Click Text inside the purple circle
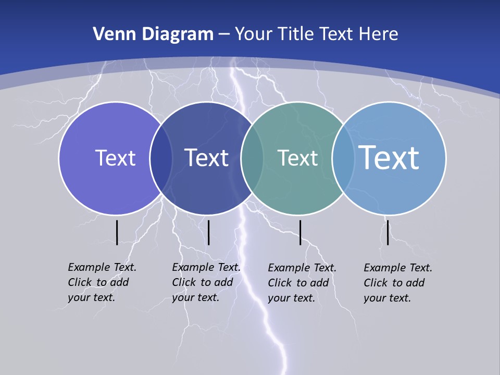115,158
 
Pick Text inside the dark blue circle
206,158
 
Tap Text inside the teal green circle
297,158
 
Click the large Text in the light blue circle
389,157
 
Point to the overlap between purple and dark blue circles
161,158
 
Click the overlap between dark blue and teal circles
252,158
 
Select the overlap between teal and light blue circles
343,158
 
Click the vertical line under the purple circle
117,232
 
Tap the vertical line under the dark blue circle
208,232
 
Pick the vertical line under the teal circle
300,232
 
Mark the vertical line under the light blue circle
387,232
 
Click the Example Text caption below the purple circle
102,282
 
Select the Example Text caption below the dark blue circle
206,282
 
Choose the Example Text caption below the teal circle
302,283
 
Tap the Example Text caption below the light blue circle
398,283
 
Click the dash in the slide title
224,35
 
